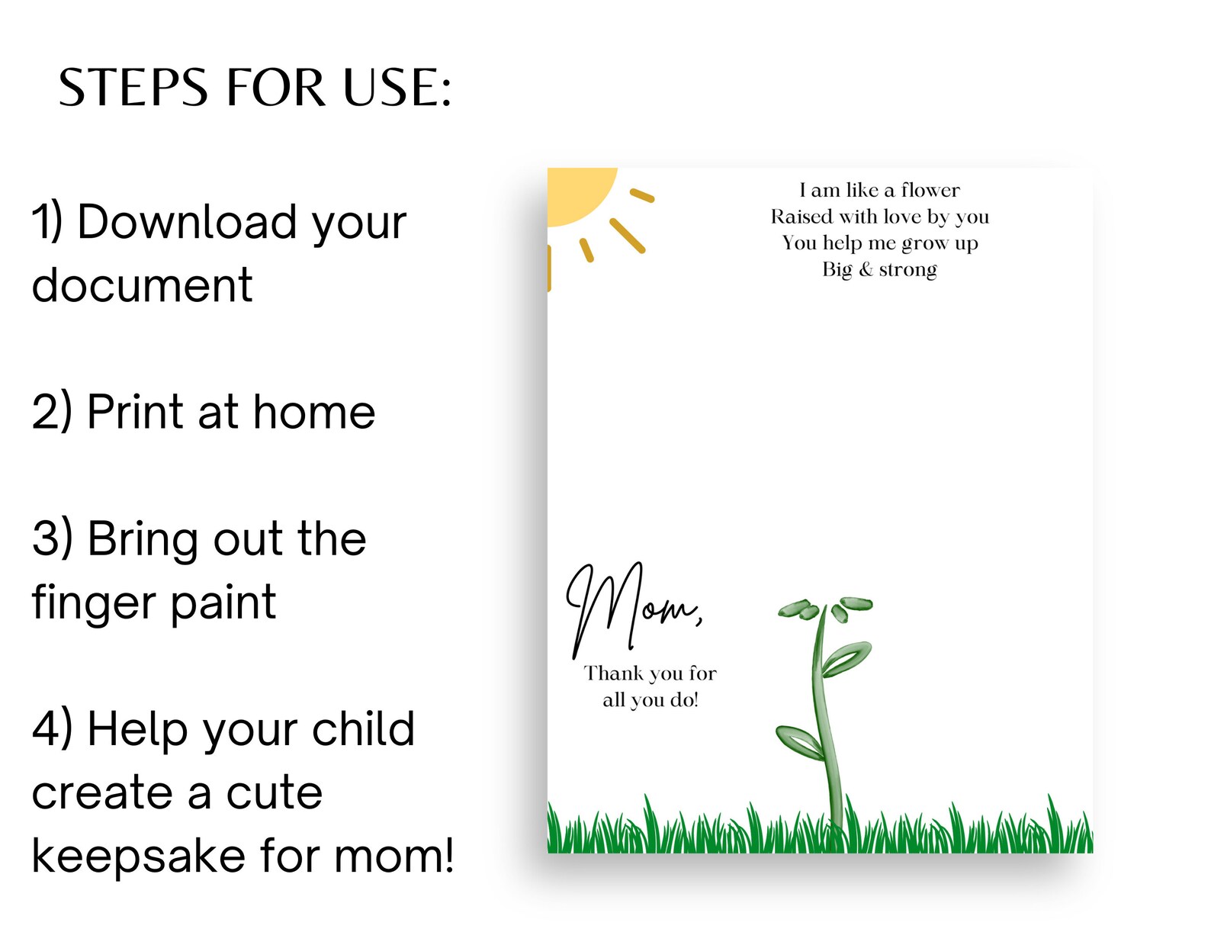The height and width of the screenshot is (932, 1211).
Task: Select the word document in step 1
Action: click(142, 286)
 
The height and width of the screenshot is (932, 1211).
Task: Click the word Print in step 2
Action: click(136, 413)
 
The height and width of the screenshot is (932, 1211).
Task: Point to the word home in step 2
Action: click(314, 413)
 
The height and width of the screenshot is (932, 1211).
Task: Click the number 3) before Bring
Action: click(53, 539)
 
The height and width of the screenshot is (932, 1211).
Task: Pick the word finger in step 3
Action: click(92, 603)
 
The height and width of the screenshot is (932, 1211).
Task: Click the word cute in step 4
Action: click(275, 793)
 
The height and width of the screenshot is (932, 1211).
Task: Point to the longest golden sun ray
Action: click(628, 236)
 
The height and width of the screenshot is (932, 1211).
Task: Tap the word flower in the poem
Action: click(930, 190)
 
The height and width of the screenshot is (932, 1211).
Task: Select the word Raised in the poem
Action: click(801, 217)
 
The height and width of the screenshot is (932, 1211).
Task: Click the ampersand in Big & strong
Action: click(866, 269)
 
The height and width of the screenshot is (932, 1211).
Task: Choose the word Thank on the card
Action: click(614, 673)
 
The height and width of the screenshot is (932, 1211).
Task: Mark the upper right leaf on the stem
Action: click(847, 658)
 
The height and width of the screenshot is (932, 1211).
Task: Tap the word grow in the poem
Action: click(925, 244)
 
